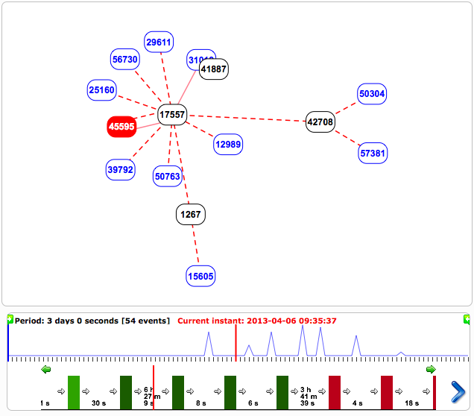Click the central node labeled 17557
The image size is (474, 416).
[172, 114]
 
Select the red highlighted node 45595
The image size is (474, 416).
[121, 127]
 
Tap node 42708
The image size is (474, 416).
[320, 122]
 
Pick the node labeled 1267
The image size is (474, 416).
[190, 215]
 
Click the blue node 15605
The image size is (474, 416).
[200, 276]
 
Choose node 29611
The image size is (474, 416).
[159, 42]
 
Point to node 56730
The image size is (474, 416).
[124, 60]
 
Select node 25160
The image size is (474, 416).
[101, 90]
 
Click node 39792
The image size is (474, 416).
[120, 169]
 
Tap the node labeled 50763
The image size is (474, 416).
[168, 176]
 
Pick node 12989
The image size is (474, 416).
[228, 144]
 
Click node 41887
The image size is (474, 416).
[213, 69]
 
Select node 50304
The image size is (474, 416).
[372, 94]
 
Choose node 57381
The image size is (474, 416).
[373, 153]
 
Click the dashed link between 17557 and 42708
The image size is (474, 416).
[246, 118]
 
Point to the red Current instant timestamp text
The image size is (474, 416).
[257, 321]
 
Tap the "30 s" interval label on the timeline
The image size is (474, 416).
[98, 403]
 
